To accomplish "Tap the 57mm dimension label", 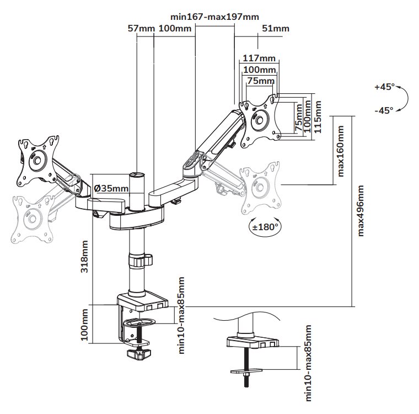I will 139,28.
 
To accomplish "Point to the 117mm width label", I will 259,59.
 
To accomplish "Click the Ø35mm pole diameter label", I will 112,188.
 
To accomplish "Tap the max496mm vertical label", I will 361,211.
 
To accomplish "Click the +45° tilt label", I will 384,87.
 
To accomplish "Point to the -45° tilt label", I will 384,110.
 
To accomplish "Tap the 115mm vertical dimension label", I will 316,118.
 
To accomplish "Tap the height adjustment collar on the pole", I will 138,259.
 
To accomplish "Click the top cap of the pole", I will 136,175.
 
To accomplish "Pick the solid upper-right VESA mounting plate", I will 259,118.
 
